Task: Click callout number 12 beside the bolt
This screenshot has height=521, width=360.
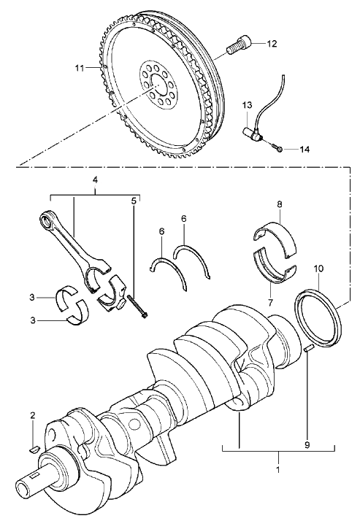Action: (x=271, y=44)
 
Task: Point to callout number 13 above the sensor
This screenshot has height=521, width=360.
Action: (x=247, y=106)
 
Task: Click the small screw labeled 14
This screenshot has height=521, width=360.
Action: (x=277, y=149)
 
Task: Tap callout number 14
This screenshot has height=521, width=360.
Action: (x=305, y=150)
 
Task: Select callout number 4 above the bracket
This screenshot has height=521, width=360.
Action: (x=95, y=180)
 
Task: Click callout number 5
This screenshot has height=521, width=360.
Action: (x=134, y=201)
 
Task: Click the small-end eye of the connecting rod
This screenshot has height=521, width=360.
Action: (x=45, y=220)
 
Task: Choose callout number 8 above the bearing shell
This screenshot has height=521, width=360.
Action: (x=279, y=204)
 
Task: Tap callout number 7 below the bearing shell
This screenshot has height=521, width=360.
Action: (x=270, y=302)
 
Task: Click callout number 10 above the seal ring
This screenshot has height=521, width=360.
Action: (x=318, y=269)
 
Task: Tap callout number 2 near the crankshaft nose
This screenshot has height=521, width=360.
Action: (x=33, y=414)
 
